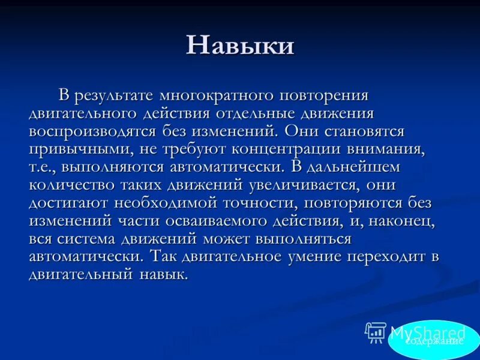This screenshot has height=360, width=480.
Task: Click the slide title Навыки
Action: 240,46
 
